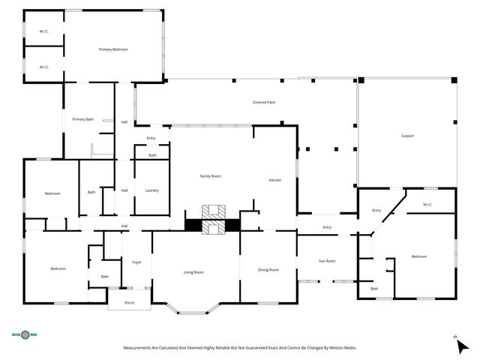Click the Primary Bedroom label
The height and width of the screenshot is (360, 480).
point(113,49)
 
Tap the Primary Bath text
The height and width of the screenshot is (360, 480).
point(83,119)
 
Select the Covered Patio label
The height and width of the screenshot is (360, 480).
point(264,101)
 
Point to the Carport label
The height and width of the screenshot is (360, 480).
point(407,136)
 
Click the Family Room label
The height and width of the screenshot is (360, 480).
point(210,176)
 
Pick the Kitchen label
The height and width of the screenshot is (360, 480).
point(275,181)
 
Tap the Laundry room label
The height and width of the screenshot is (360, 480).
point(151,190)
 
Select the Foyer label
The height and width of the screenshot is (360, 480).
point(136,262)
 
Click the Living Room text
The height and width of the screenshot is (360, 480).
point(193,272)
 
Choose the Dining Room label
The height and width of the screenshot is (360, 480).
point(268,270)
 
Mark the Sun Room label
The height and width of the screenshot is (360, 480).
point(327,261)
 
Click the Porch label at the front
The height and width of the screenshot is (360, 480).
point(129,302)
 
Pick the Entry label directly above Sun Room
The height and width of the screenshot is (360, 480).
point(327,227)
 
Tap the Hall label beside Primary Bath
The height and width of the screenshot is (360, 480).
point(124,121)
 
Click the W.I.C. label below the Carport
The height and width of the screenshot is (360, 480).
point(427,205)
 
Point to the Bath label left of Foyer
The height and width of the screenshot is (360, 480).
point(104,277)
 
